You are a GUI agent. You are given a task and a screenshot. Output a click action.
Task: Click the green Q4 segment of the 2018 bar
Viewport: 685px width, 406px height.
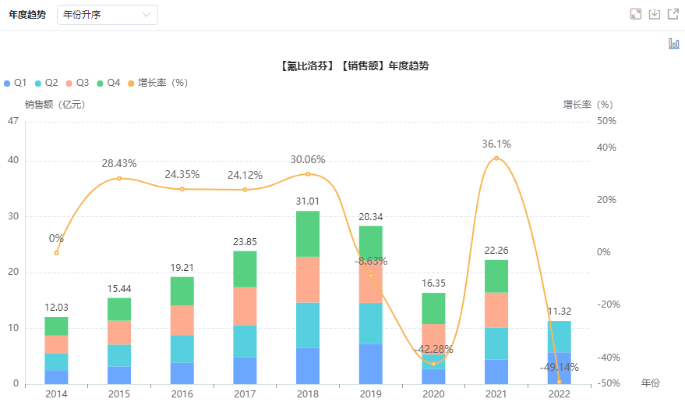(307, 233)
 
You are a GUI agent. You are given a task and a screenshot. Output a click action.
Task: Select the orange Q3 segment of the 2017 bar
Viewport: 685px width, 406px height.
(245, 305)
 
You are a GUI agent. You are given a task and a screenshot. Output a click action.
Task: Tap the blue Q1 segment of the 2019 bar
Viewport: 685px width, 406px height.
(370, 363)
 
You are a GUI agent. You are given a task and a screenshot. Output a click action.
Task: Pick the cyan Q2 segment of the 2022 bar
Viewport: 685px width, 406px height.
(559, 337)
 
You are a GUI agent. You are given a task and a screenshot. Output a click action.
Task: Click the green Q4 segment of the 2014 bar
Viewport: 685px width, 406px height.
(56, 326)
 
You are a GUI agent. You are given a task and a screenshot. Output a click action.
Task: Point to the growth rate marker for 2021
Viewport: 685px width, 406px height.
(496, 158)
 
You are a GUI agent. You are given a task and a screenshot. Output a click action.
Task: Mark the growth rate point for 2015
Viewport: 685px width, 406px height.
(119, 178)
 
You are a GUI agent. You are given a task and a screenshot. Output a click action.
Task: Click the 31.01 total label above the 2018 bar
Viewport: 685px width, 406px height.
(307, 201)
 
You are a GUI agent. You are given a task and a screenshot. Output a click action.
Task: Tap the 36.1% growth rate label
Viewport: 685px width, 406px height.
(496, 144)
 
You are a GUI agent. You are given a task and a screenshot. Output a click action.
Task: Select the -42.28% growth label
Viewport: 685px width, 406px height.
(432, 348)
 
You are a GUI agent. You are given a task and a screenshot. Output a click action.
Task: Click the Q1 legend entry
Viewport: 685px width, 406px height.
(16, 83)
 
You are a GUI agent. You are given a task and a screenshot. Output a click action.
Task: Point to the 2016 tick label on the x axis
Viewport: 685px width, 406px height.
(182, 394)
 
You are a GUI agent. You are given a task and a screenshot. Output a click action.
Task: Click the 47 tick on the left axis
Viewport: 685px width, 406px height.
(12, 121)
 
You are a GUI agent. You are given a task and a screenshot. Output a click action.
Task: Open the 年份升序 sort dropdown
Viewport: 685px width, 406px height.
(108, 15)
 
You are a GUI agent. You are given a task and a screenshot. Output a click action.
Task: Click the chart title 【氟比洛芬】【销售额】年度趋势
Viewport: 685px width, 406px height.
(353, 66)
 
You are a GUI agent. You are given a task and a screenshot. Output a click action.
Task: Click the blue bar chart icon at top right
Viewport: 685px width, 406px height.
(673, 44)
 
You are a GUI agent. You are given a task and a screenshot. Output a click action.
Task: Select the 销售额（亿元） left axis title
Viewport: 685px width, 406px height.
(55, 104)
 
